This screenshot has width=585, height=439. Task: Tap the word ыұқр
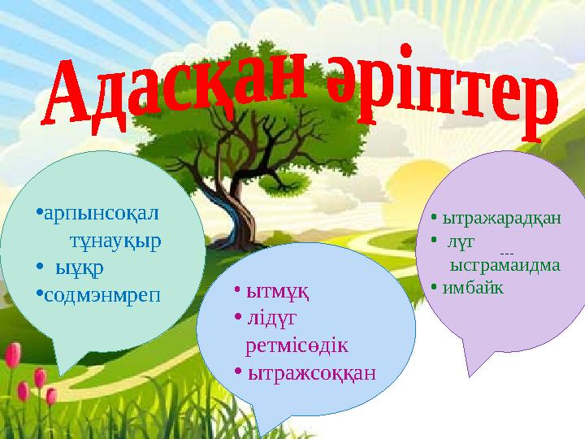pos(80,267)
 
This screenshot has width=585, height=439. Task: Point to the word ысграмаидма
pos(505,265)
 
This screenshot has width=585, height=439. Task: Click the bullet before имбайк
pos(435,287)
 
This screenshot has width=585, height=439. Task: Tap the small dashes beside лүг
pos(509,254)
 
